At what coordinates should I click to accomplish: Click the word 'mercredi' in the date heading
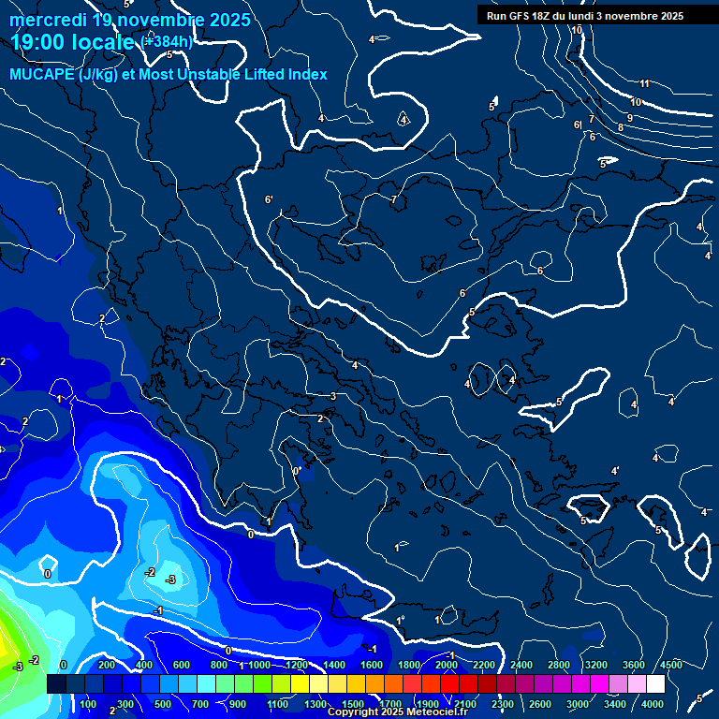[x=47, y=20]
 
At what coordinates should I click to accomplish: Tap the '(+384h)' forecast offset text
[x=166, y=42]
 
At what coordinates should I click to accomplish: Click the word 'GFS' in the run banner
[x=521, y=16]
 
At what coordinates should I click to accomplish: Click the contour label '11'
[x=644, y=84]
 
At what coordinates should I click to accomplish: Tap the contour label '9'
[x=630, y=118]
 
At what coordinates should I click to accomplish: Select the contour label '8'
[x=620, y=127]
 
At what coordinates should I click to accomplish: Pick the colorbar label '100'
[x=88, y=704]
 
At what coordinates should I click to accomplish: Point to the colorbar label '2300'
[x=502, y=704]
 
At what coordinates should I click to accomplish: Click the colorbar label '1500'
[x=353, y=704]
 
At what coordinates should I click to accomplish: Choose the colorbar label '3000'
[x=578, y=704]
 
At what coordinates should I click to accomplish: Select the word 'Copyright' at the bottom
[x=354, y=712]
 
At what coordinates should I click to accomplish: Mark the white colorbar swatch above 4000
[x=654, y=684]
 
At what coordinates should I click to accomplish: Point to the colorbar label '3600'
[x=633, y=665]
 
